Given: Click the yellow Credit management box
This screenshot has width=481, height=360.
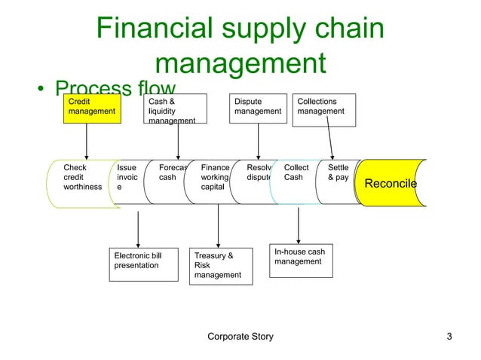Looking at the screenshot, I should [x=90, y=107].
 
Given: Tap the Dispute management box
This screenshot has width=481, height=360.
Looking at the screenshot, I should [x=259, y=108].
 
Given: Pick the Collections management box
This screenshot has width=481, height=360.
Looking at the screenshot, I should [x=324, y=110].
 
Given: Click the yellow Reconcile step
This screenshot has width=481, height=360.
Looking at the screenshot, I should [x=391, y=183].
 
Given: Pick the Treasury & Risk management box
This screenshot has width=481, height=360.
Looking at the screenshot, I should [x=220, y=266].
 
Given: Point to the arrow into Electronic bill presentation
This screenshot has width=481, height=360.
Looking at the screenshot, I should [x=137, y=226].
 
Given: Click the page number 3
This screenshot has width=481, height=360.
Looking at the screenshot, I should [x=449, y=337].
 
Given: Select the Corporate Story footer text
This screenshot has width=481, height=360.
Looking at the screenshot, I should [x=240, y=337].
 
